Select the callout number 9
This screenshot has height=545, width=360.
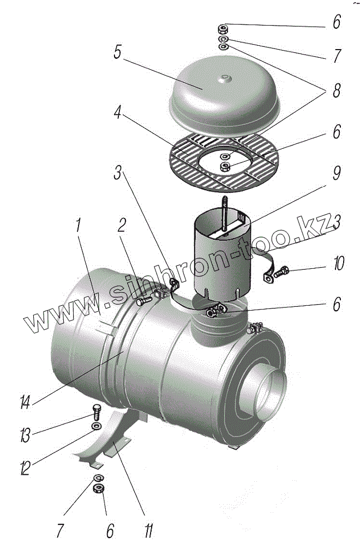tap(337, 173)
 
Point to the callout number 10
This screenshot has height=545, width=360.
tap(338, 265)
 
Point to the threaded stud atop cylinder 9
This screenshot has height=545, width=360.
tap(224, 213)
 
